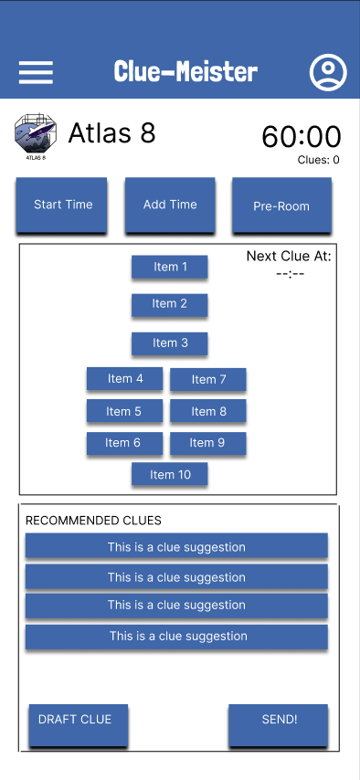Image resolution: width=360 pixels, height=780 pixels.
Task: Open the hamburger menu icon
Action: (36, 72)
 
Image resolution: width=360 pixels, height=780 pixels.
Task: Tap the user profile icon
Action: (328, 72)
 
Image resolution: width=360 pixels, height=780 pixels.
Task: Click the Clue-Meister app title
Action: (185, 71)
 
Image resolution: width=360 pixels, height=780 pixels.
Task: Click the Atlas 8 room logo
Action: (35, 136)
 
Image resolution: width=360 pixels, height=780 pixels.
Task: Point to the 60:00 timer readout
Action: (301, 137)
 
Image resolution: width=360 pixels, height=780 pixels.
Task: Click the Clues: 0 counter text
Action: (318, 160)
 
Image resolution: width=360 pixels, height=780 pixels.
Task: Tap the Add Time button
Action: (170, 206)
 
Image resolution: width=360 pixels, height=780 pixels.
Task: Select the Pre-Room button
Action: (281, 206)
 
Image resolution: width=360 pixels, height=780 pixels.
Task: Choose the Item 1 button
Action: (170, 268)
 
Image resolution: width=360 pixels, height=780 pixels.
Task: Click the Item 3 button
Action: (170, 343)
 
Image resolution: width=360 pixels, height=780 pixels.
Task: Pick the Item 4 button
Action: (125, 379)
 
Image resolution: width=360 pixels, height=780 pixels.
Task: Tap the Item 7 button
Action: (208, 380)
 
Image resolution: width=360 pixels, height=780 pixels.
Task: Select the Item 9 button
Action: (207, 443)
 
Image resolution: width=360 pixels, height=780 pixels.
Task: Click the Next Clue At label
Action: (289, 257)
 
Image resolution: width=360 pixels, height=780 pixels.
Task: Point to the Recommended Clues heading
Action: (93, 521)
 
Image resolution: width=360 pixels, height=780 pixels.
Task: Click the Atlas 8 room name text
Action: (111, 133)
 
